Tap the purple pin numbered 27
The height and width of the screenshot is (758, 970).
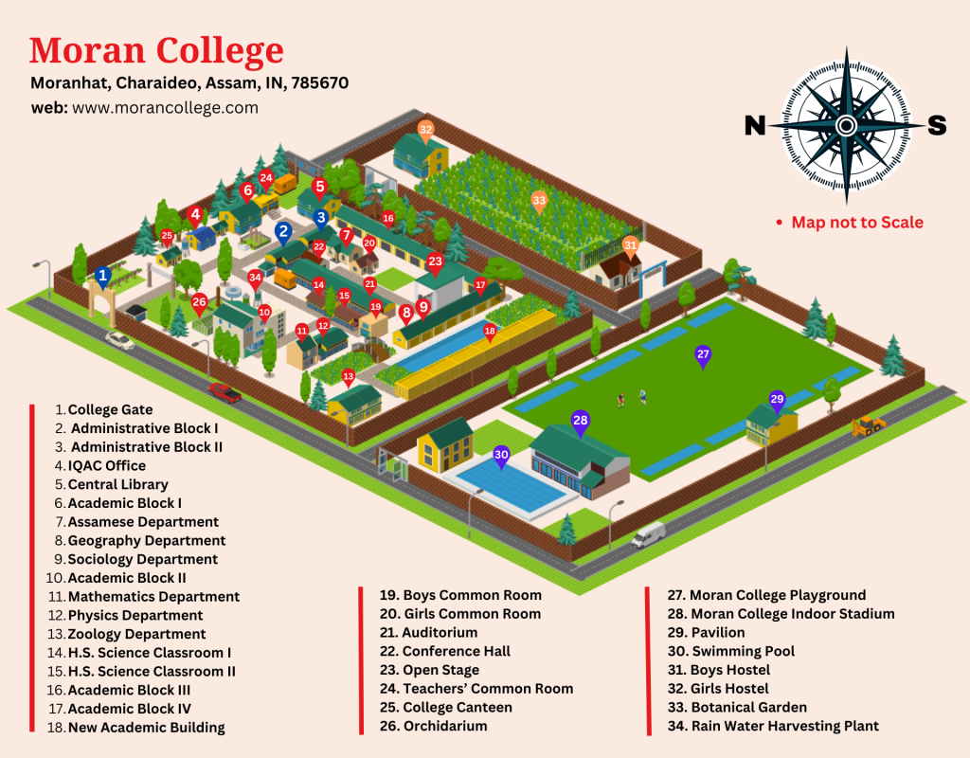point(703,355)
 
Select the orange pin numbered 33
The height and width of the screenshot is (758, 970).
point(539,200)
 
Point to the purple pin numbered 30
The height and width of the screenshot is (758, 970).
point(502,456)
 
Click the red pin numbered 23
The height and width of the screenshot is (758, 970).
point(435,262)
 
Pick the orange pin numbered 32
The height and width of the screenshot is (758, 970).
point(425,130)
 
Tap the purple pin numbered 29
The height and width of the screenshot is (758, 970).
point(778,399)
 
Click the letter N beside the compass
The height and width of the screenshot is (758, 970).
point(755,125)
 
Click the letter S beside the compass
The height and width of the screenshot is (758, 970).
point(936,125)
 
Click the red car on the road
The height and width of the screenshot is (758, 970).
point(225,391)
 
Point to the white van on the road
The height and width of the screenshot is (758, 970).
point(648,534)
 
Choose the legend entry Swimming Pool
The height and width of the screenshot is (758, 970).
point(743,651)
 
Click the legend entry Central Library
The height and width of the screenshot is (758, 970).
point(117,484)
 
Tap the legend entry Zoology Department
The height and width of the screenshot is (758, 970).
point(136,634)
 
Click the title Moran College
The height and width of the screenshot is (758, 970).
point(156,49)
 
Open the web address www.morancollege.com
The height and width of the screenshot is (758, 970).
point(165,108)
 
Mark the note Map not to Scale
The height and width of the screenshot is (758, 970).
point(856,223)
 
